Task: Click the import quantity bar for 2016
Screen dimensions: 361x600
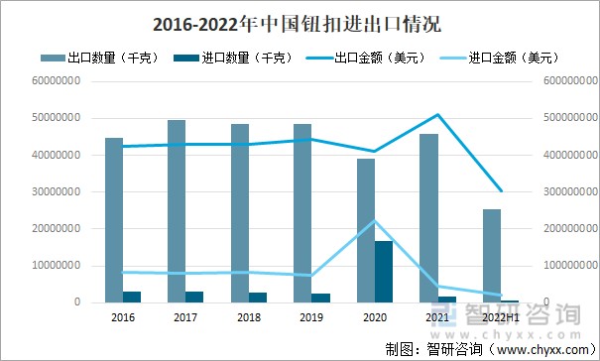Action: (132, 297)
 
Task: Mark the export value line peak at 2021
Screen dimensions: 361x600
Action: (437, 114)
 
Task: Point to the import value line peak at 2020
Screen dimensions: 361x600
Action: (375, 220)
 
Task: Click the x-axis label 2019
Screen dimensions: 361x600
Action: (311, 317)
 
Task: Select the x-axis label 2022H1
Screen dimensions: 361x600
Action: (500, 317)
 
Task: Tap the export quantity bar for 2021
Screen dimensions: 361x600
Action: (429, 218)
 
